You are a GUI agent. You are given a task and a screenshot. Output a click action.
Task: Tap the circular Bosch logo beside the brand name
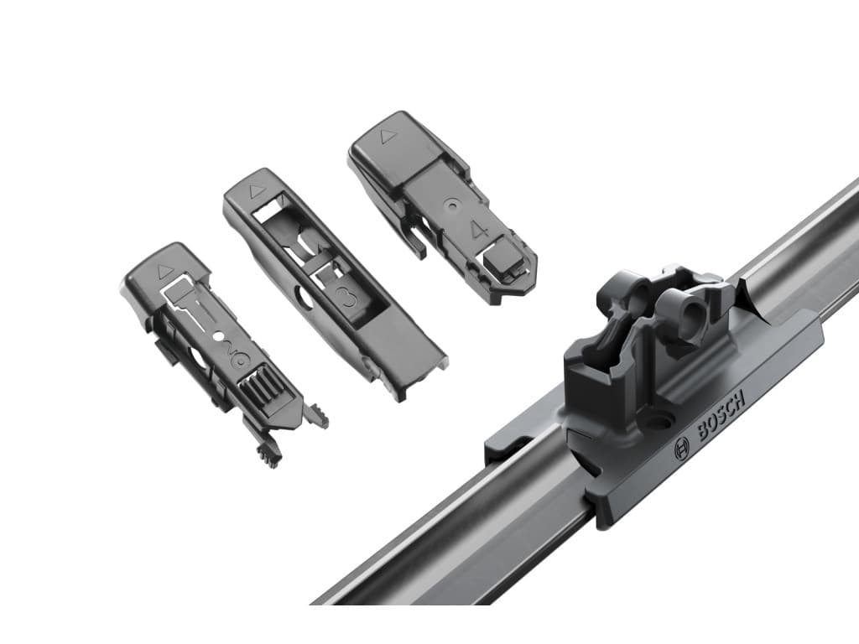tap(681, 450)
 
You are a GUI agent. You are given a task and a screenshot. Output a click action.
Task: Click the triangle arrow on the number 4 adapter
tap(388, 135)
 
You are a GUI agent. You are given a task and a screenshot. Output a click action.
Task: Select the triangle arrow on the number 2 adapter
tap(164, 271)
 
